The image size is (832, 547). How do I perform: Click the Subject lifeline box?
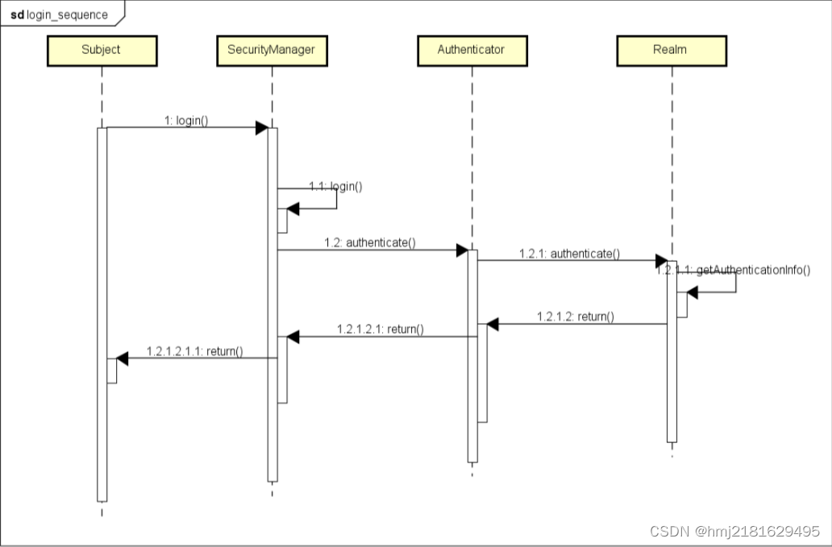(102, 51)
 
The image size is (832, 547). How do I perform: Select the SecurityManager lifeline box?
(272, 51)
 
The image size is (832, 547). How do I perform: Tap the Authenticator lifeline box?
(472, 51)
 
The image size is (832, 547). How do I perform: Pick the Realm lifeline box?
(672, 51)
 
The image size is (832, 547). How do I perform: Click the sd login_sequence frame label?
(60, 15)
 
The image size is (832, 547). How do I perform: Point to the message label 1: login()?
(186, 120)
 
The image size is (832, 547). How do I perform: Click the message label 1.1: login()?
(335, 186)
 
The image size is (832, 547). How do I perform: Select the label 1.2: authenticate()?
(370, 242)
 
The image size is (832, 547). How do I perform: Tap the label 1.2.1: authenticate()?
(569, 253)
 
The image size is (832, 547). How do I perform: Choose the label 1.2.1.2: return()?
(575, 317)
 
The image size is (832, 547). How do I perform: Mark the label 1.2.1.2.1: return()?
(381, 329)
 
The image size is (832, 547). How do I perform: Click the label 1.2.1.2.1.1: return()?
(195, 351)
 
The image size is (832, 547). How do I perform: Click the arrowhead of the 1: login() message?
(261, 128)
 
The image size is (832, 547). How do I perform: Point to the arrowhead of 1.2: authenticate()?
(462, 251)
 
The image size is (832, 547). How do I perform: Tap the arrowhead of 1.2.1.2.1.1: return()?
(122, 358)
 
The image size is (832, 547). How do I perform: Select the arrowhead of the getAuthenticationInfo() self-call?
(692, 292)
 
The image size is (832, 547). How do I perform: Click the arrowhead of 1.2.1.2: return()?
(493, 325)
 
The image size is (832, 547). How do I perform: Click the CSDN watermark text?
(735, 531)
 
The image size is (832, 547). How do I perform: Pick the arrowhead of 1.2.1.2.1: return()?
(293, 337)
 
